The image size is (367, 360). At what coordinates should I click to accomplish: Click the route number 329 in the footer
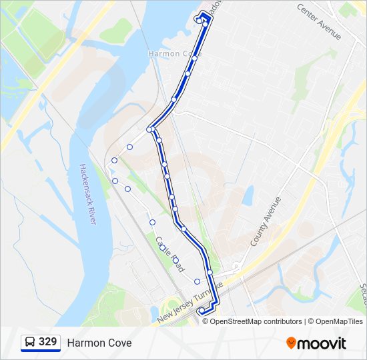point(47,342)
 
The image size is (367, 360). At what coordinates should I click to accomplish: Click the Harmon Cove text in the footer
point(99,343)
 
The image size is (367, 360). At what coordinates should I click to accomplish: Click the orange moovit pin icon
point(292,343)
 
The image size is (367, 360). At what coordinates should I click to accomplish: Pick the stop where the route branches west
point(150,129)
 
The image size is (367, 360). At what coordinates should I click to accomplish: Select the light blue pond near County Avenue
point(248,196)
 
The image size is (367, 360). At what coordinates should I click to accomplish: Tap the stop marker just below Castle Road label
point(176,261)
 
